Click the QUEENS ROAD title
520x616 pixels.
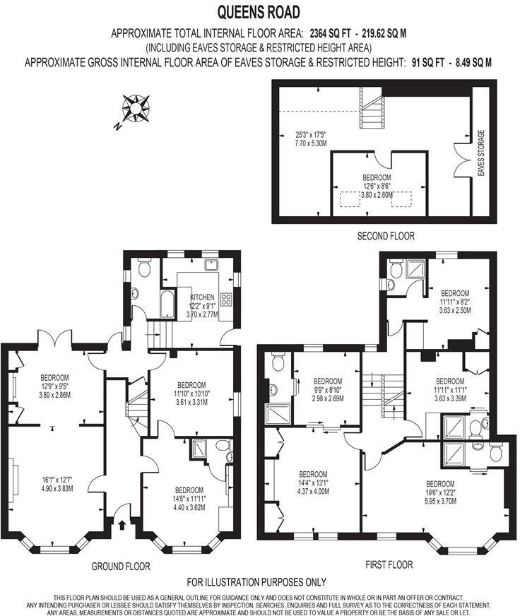[259, 12]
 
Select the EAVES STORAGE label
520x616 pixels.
[481, 153]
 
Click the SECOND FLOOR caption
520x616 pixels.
[386, 236]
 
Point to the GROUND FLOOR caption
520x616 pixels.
[121, 566]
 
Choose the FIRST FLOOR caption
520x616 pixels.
[389, 565]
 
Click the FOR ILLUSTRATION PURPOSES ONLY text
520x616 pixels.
[256, 582]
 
